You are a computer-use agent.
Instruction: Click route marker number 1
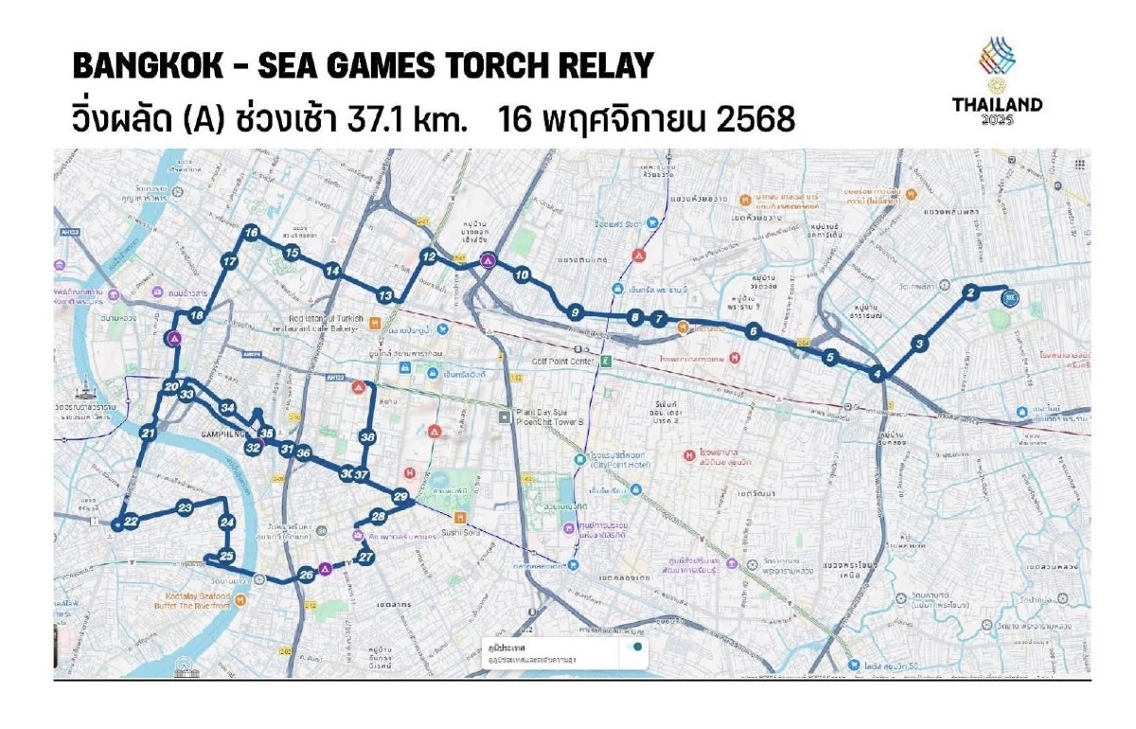[x=1009, y=297]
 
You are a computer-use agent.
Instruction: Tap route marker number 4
[x=879, y=373]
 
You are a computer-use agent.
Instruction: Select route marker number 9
[x=574, y=311]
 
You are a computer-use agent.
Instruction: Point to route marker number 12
[x=429, y=257]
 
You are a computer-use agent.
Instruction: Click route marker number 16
[x=251, y=232]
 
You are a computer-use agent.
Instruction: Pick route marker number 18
[x=197, y=315]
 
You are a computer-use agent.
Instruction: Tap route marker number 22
[x=131, y=521]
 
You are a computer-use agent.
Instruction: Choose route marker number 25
[x=225, y=556]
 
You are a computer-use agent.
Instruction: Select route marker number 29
[x=400, y=496]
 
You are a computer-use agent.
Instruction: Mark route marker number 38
[x=367, y=436]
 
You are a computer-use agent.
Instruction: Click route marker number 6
[x=753, y=330]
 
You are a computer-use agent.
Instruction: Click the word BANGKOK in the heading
[x=141, y=65]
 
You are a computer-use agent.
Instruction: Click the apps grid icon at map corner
[x=1079, y=165]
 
